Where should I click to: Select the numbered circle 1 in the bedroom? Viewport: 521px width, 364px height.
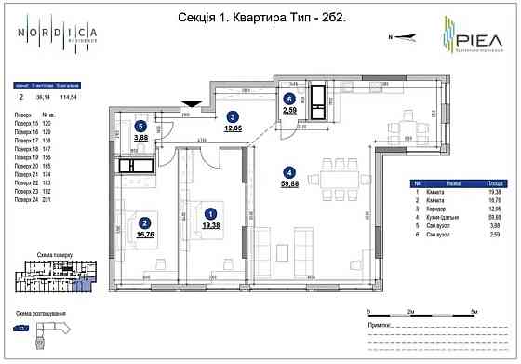[210, 212]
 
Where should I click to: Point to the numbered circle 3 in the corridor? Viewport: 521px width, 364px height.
[233, 116]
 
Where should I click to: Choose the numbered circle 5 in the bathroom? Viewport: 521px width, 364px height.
[140, 126]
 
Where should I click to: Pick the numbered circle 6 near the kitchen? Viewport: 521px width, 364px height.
[288, 99]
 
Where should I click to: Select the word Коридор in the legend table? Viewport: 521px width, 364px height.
[431, 210]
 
